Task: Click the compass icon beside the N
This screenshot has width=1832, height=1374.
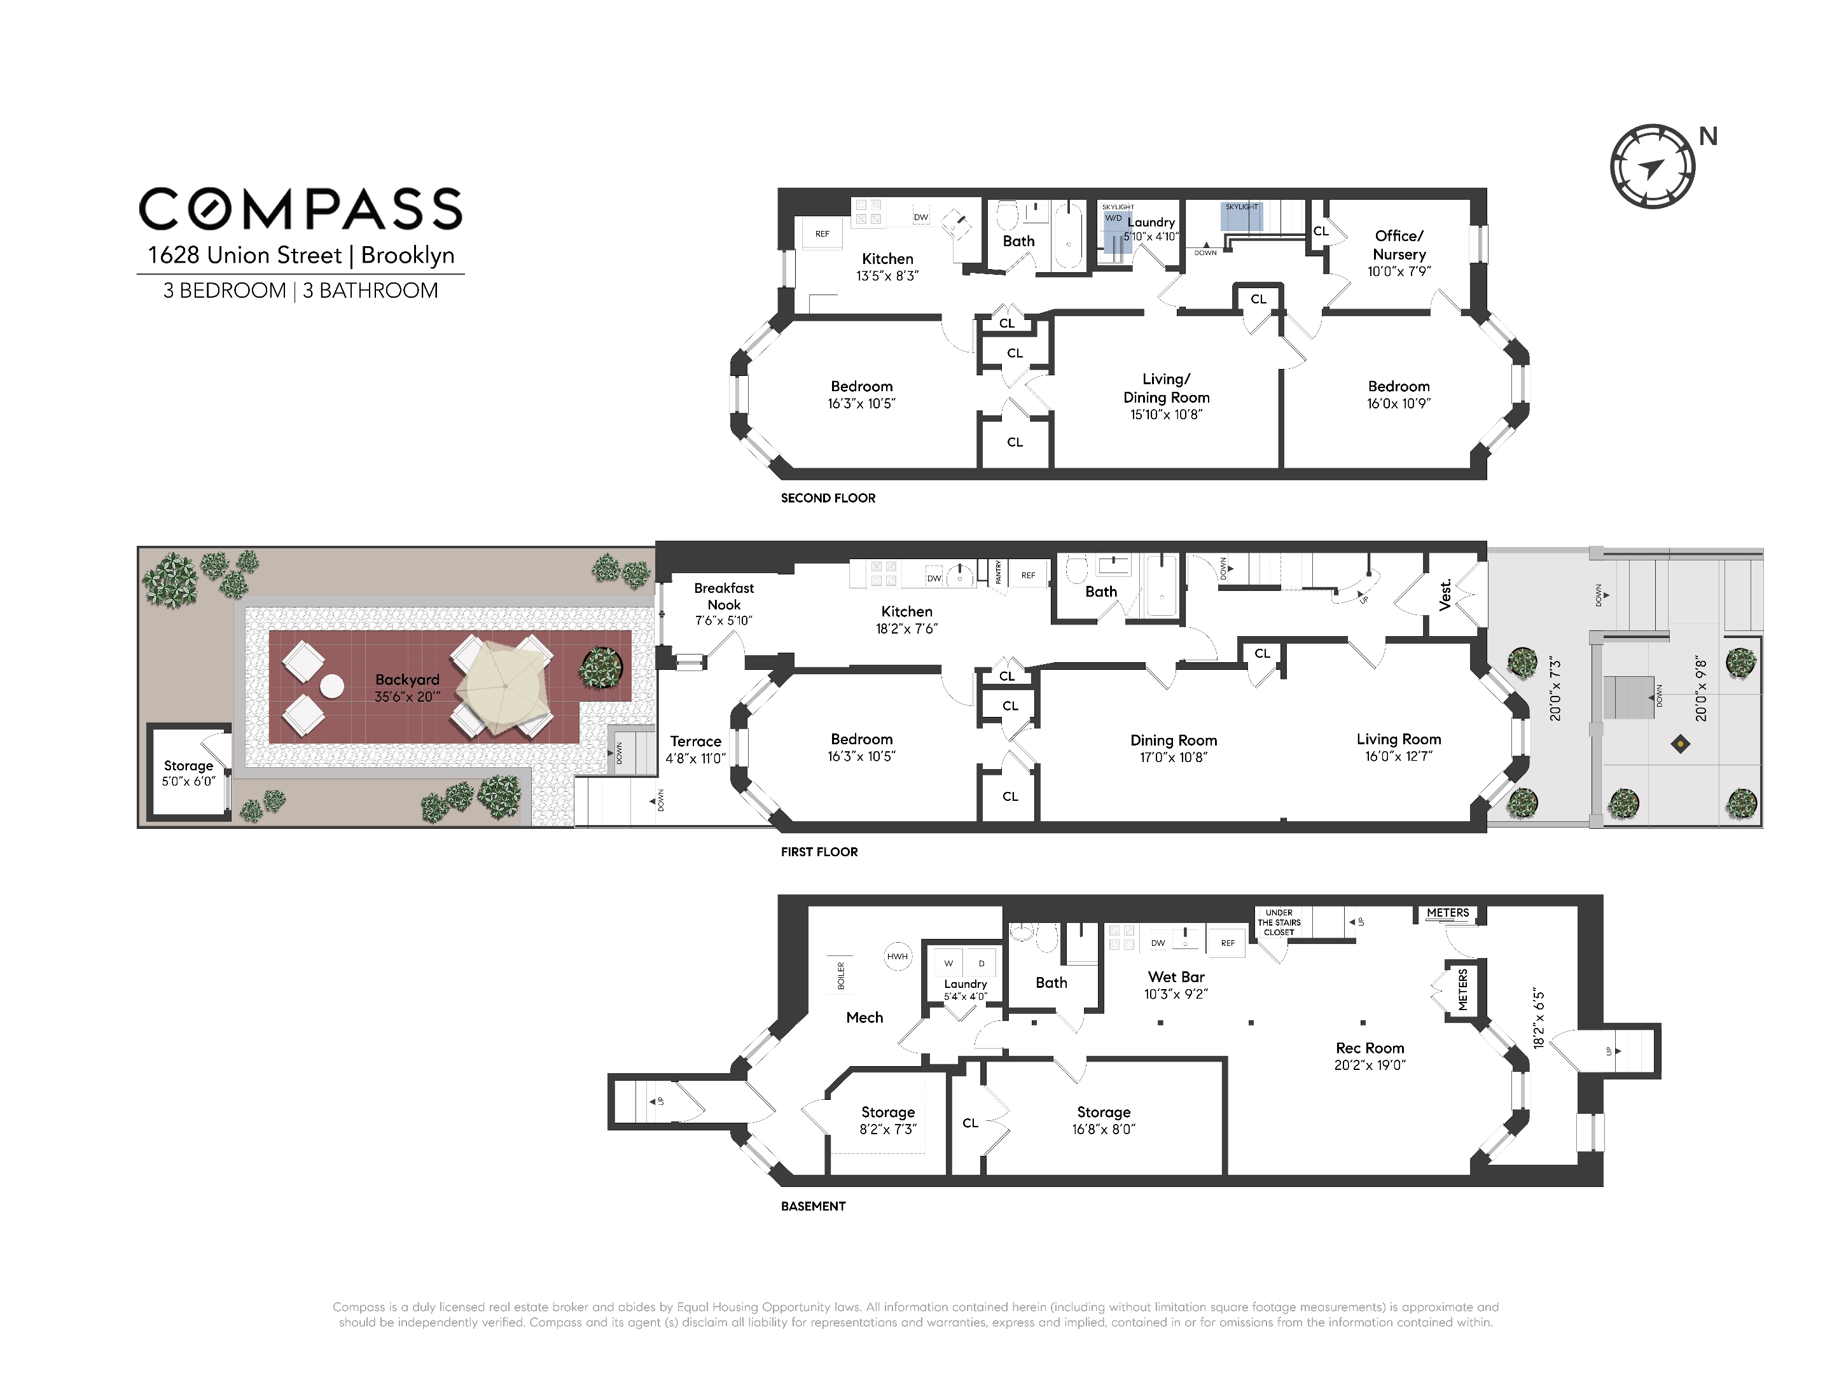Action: click(x=1652, y=167)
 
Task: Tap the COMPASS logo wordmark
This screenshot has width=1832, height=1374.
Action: click(x=301, y=208)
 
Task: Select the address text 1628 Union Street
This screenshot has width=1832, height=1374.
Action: click(x=244, y=255)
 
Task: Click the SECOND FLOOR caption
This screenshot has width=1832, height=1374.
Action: click(x=828, y=497)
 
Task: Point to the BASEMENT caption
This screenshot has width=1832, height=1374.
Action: click(x=814, y=1206)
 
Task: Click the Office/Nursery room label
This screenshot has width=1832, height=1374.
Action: click(x=1399, y=245)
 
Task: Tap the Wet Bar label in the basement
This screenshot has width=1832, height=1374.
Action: click(x=1176, y=977)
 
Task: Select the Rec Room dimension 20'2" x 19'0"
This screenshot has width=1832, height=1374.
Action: click(x=1370, y=1065)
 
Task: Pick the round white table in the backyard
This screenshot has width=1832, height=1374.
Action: click(x=332, y=686)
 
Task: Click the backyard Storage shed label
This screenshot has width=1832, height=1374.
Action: click(x=189, y=766)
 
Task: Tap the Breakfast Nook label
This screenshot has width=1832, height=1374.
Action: click(x=724, y=596)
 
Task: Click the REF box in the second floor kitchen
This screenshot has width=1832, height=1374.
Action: click(x=822, y=233)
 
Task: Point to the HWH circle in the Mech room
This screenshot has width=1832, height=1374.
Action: click(x=898, y=957)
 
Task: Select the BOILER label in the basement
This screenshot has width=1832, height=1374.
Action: click(x=842, y=976)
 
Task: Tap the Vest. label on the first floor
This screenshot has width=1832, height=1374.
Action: click(x=1445, y=595)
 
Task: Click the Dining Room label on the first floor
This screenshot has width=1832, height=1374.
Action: click(x=1174, y=740)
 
